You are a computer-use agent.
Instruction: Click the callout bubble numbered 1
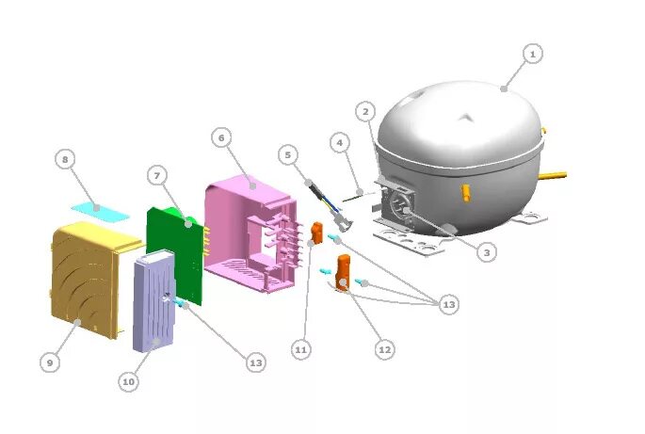tap(532, 55)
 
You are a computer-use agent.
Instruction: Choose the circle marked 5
tap(289, 153)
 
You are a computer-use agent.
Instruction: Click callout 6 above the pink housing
tap(221, 137)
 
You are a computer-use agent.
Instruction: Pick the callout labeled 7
tap(157, 174)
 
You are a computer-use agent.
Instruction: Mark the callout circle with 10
tap(129, 381)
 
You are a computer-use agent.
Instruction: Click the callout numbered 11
tap(300, 350)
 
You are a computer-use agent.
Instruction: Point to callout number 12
tap(384, 349)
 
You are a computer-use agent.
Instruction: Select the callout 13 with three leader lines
tap(449, 304)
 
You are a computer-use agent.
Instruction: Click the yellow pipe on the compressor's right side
tap(556, 175)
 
